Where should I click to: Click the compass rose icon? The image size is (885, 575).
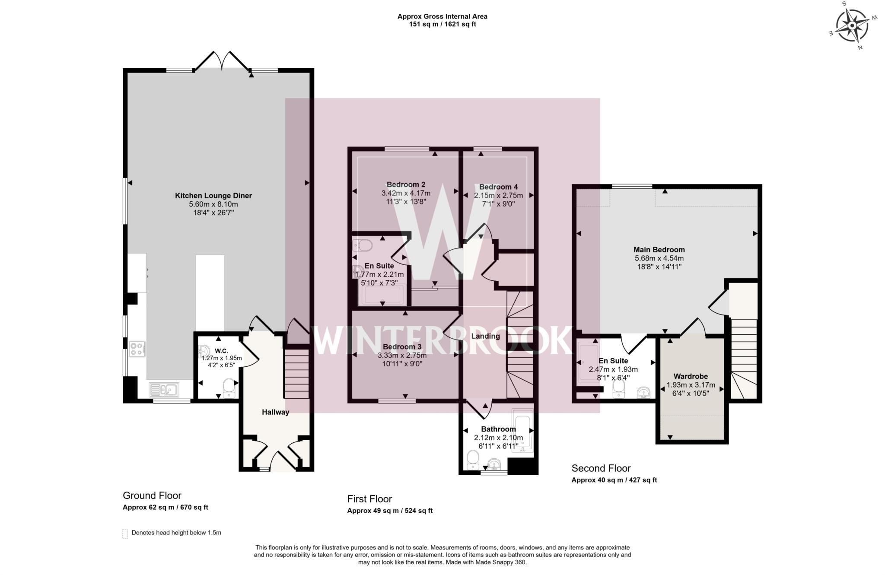[852, 26]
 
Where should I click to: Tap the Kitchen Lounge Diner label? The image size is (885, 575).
[213, 196]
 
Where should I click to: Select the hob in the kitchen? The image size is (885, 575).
[137, 349]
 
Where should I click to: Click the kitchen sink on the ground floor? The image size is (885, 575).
[164, 390]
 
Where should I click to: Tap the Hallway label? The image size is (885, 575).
[275, 412]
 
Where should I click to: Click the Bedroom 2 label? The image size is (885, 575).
[406, 185]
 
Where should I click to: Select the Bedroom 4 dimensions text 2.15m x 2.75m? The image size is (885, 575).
[498, 195]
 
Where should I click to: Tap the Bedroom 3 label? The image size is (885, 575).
[402, 347]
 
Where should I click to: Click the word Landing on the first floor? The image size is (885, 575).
[485, 336]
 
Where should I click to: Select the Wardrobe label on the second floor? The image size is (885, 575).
[691, 376]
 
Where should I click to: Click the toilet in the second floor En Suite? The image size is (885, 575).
[618, 389]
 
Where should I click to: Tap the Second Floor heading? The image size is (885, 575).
[601, 468]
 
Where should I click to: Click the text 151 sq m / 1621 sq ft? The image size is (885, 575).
[442, 24]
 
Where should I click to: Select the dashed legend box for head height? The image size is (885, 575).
[125, 534]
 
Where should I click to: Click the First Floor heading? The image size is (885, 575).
[369, 499]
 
